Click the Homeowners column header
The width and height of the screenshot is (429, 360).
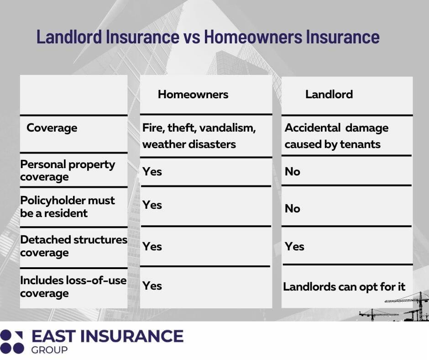tap(193, 95)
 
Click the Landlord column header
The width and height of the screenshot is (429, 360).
tap(329, 95)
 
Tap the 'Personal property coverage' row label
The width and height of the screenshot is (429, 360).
tap(68, 170)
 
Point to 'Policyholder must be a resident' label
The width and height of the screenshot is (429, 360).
tap(68, 207)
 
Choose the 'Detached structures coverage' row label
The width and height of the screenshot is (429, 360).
tap(74, 246)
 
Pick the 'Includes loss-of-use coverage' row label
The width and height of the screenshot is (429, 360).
tap(73, 287)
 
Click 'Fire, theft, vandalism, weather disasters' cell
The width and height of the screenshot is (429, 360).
tap(199, 136)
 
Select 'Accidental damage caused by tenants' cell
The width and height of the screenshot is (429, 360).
tap(336, 136)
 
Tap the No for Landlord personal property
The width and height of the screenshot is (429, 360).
tap(292, 172)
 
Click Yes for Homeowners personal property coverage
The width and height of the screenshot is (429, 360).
tap(152, 172)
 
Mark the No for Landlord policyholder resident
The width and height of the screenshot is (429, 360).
tap(292, 209)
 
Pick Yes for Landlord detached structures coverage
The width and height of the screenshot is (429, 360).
tap(294, 247)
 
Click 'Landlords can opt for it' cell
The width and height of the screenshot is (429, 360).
tap(344, 287)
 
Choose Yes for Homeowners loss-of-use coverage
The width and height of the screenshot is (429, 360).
tap(152, 286)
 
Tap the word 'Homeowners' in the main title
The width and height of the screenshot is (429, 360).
tap(253, 37)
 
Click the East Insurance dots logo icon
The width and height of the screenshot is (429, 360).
tap(12, 342)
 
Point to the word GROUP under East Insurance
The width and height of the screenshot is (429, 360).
tap(49, 350)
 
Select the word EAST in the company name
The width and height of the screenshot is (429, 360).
tap(54, 336)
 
